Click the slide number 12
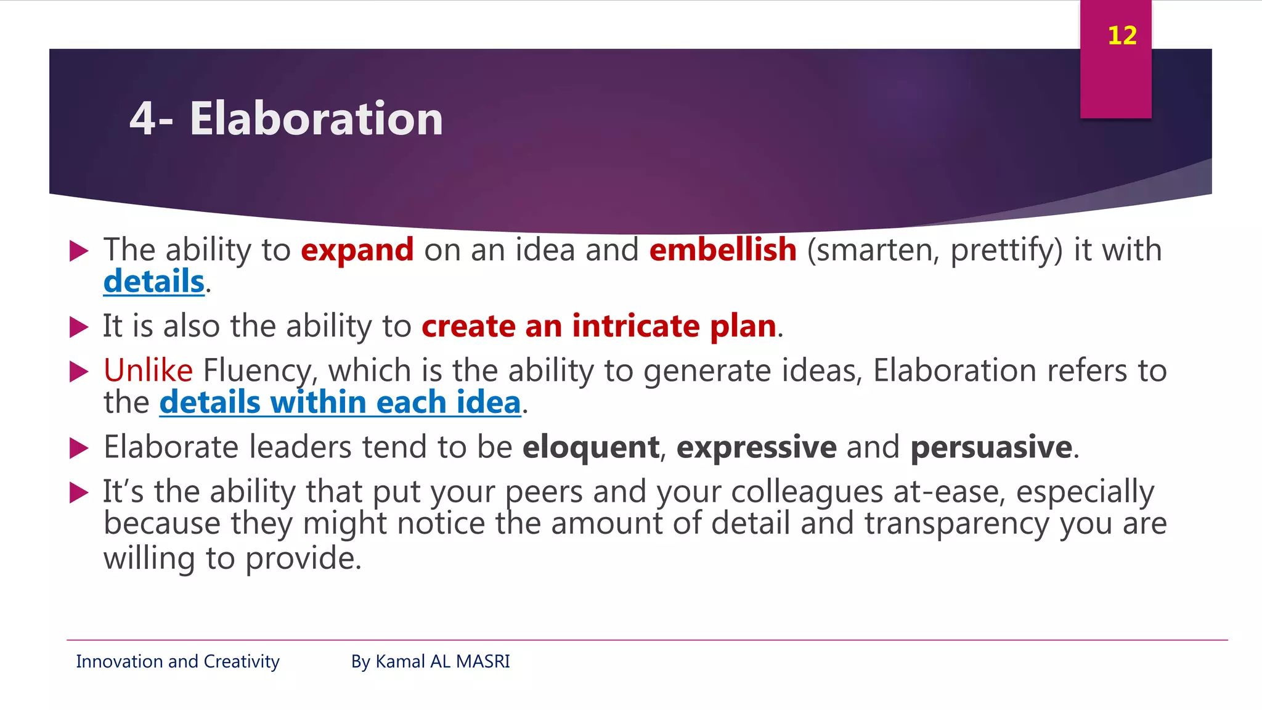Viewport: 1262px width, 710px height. coord(1122,36)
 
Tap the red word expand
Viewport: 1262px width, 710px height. coord(357,250)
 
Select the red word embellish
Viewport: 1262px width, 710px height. coord(723,250)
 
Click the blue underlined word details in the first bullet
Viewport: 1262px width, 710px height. coord(153,282)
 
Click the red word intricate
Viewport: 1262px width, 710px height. coord(635,326)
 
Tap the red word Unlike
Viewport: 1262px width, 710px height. coord(148,371)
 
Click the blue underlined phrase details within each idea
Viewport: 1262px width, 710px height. coord(340,402)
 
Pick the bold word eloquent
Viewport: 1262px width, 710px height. coord(590,447)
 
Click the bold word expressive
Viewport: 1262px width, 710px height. coord(756,447)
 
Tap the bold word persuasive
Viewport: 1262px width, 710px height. coord(991,447)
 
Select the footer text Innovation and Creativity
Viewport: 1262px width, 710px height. coord(177,661)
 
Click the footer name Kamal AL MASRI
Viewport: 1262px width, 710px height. coord(442,661)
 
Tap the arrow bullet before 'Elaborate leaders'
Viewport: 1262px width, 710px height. coord(79,448)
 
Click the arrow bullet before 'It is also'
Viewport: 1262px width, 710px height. coord(79,327)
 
